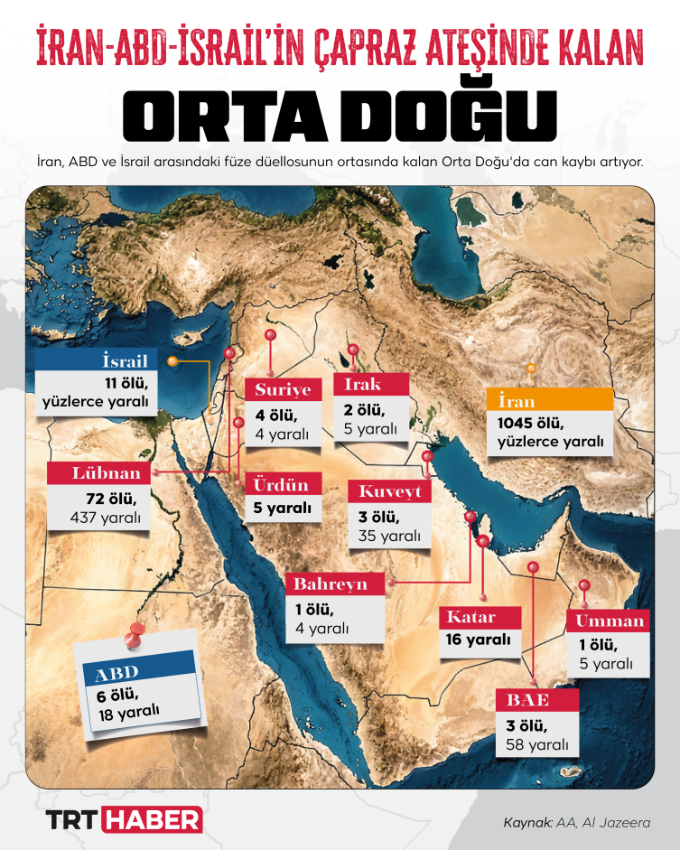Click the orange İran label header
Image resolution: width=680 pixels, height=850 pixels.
coord(549,400)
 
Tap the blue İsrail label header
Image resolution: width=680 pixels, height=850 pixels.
coord(98,360)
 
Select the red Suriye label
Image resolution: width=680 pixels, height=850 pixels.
coord(283,390)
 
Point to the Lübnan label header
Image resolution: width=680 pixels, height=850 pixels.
coord(99,473)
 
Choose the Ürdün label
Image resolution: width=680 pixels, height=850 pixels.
coord(283,483)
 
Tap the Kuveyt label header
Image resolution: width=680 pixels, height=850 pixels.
coord(389,491)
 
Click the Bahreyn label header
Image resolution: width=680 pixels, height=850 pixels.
coord(335,584)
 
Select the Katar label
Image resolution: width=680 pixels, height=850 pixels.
coord(480,618)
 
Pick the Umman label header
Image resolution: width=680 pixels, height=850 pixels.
coord(608,621)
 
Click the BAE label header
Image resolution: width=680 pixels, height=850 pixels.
coord(536,699)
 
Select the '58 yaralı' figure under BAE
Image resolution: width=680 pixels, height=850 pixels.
coord(537,744)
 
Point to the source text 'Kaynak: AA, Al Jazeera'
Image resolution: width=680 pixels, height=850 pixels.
coord(576,823)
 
